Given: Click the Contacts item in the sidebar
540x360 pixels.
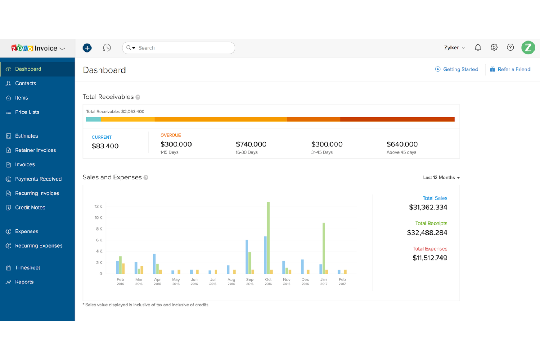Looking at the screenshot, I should pyautogui.click(x=26, y=84).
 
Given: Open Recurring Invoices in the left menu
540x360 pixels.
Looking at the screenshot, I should pyautogui.click(x=37, y=193).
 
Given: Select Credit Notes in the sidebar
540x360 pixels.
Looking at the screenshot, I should pyautogui.click(x=30, y=208).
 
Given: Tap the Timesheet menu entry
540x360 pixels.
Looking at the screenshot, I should pyautogui.click(x=27, y=268).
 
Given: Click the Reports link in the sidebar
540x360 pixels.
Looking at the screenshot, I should pyautogui.click(x=24, y=282).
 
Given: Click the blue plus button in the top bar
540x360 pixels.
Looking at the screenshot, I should pyautogui.click(x=87, y=48).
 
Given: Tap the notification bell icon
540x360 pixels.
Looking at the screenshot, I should pyautogui.click(x=478, y=47).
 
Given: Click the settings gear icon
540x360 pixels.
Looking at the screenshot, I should pyautogui.click(x=494, y=47).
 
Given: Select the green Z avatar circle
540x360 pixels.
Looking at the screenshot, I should pyautogui.click(x=528, y=47).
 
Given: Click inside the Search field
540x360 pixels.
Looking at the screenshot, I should pyautogui.click(x=182, y=48).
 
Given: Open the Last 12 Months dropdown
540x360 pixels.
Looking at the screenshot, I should pyautogui.click(x=441, y=178).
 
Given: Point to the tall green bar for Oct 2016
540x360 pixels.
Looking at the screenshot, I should pyautogui.click(x=268, y=237).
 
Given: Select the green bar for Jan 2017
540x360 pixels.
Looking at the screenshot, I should pyautogui.click(x=324, y=248).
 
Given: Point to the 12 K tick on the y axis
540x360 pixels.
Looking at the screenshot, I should pyautogui.click(x=98, y=206).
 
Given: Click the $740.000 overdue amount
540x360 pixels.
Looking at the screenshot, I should pyautogui.click(x=251, y=144).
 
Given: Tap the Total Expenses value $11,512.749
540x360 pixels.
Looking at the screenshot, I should pyautogui.click(x=430, y=258).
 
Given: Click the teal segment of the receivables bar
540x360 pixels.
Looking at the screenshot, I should pyautogui.click(x=93, y=119).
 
